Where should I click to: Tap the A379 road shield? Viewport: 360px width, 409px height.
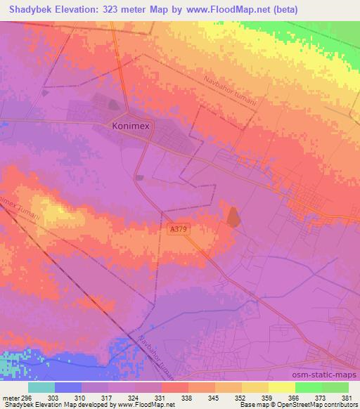coord(179,229)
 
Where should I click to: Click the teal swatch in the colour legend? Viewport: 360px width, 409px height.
coord(41,387)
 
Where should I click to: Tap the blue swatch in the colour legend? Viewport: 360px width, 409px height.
coord(67,387)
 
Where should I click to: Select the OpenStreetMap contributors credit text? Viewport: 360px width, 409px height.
coord(319,405)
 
